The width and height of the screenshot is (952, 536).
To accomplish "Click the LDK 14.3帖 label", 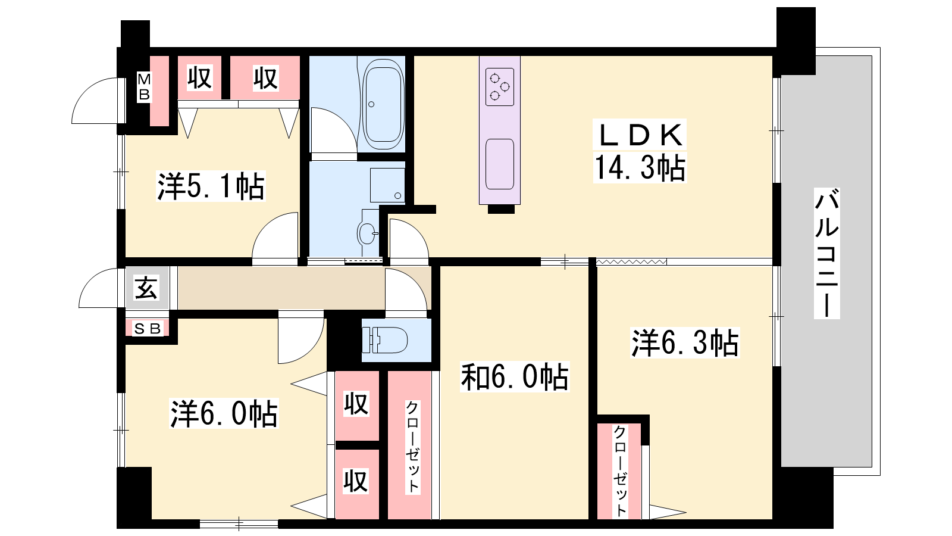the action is tap(640, 151).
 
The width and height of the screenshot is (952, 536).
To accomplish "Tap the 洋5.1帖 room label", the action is tap(211, 186).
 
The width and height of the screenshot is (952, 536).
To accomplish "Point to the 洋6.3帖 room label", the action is tap(685, 342).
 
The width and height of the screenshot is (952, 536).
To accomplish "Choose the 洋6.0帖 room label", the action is tap(224, 413).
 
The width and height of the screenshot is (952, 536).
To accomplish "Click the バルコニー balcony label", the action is tap(826, 253).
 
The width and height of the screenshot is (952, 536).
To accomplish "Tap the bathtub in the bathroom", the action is tap(383, 104).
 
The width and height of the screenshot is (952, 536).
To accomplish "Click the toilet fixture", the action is tap(384, 340).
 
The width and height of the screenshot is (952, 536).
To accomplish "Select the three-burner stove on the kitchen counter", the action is tap(500, 87).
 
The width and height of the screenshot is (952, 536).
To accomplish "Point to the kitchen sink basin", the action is tap(500, 164).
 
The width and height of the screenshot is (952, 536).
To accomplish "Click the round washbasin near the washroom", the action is tap(367, 233).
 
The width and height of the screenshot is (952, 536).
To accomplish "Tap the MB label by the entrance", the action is tap(144, 86).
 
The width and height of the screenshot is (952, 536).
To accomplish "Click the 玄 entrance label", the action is tap(146, 288).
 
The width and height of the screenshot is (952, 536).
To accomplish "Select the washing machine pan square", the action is tap(387, 185).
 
